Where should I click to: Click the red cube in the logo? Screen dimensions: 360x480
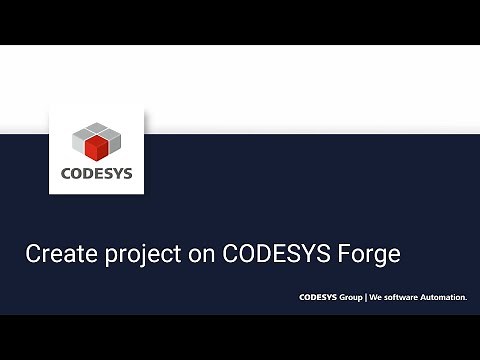(97, 150)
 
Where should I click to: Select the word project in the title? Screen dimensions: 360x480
(135, 255)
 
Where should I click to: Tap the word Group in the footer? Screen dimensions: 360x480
(350, 297)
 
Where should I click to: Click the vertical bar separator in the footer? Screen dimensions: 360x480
(366, 297)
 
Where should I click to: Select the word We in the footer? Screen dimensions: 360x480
(376, 297)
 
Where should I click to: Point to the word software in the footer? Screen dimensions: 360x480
(403, 297)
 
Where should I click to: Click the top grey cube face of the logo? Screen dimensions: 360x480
(97, 129)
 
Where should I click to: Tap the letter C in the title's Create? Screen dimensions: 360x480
(32, 254)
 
